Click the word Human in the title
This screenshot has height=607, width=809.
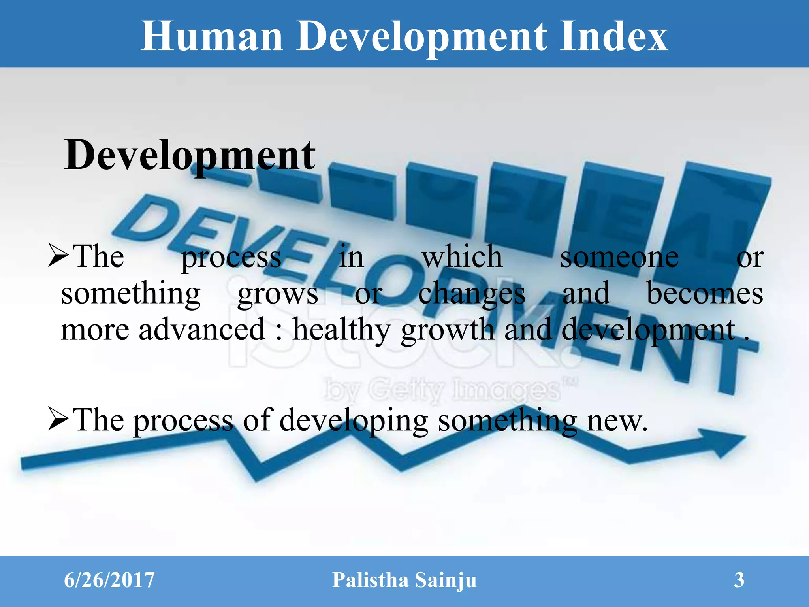pyautogui.click(x=212, y=36)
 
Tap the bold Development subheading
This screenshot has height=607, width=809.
pyautogui.click(x=190, y=155)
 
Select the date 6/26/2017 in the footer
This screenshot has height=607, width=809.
pyautogui.click(x=109, y=580)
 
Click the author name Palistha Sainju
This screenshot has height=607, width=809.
pyautogui.click(x=404, y=580)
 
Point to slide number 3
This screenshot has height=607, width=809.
pyautogui.click(x=739, y=580)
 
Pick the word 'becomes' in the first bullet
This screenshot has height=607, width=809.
pyautogui.click(x=704, y=293)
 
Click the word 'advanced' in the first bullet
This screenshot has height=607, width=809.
pyautogui.click(x=201, y=329)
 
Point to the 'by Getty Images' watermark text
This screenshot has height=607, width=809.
pyautogui.click(x=442, y=390)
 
